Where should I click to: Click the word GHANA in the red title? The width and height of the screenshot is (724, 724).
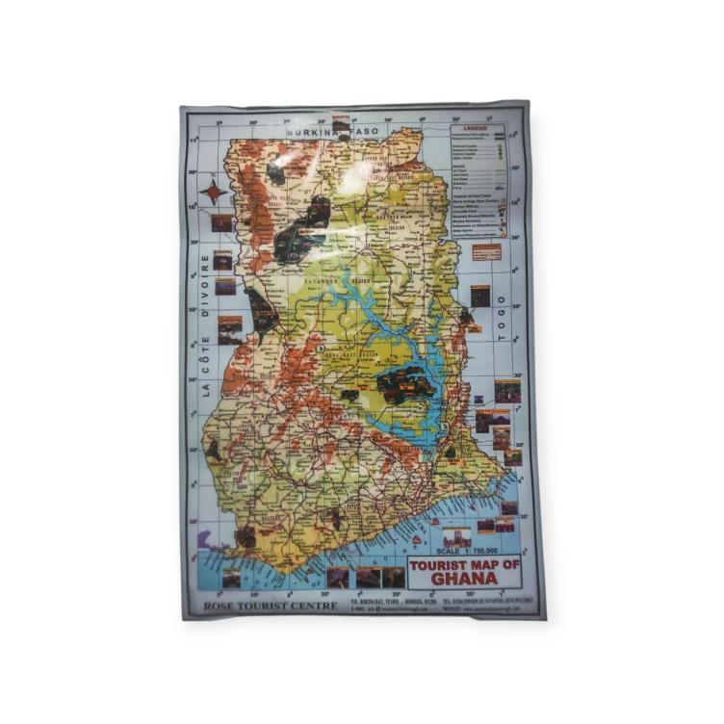(x=464, y=579)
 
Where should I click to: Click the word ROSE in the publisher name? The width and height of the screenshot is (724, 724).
(x=219, y=606)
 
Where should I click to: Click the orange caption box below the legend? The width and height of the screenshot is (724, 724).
(x=487, y=252)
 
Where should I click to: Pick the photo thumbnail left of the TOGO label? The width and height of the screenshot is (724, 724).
(x=479, y=296)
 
